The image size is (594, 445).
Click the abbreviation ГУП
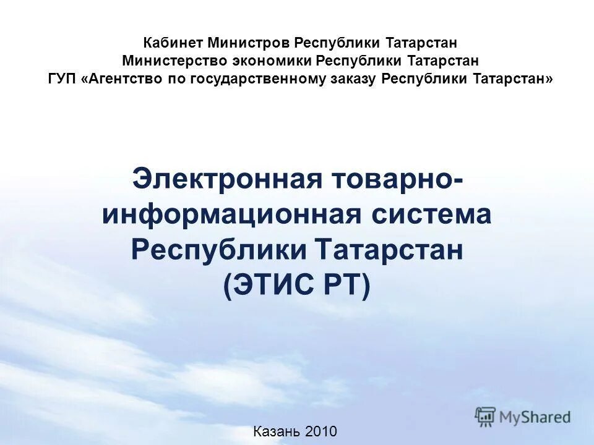click(x=61, y=80)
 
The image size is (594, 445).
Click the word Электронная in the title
click(x=228, y=180)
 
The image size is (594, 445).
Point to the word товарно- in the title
click(x=397, y=180)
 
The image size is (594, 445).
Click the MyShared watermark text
click(x=535, y=417)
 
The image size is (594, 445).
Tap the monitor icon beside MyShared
click(x=486, y=417)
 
